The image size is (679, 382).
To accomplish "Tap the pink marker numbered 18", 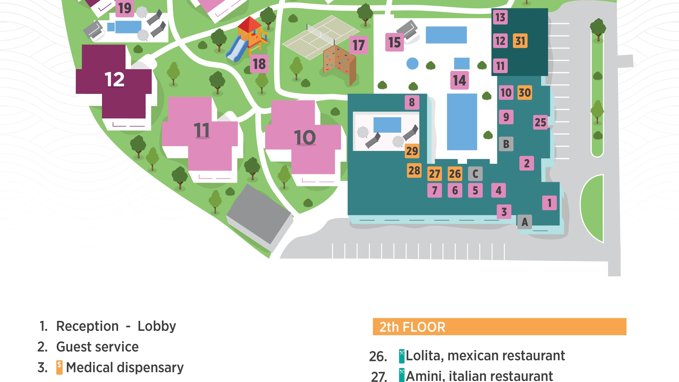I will coord(259,64).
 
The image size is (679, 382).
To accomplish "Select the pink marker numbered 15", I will coord(394,42).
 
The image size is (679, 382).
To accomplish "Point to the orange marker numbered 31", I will coord(520,41).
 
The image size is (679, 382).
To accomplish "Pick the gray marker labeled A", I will coord(524,222).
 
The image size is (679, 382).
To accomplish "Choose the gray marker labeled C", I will coord(475,174).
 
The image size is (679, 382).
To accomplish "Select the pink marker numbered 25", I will coord(540,122).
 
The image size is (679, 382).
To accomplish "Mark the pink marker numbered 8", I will coord(412,102).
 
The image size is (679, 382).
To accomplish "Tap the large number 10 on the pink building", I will coord(305,137).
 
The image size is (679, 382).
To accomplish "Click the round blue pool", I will coord(413,64).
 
